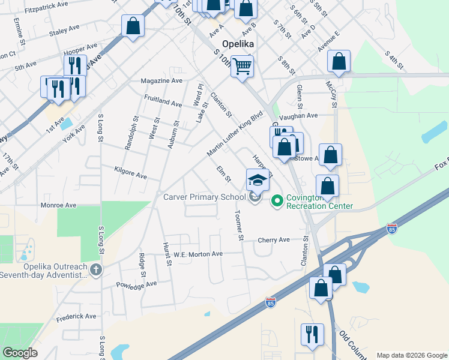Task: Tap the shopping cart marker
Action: [x=242, y=66]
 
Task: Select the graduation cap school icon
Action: [x=257, y=179]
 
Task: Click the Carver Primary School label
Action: [x=204, y=197]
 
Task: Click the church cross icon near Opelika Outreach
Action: [x=95, y=270]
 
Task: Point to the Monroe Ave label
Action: [x=58, y=205]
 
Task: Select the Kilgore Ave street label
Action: [x=130, y=173]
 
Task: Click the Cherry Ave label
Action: [x=274, y=240]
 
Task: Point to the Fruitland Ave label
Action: [x=163, y=100]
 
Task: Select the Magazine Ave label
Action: [x=161, y=81]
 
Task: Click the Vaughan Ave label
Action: [x=303, y=115]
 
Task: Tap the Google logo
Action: [x=20, y=353]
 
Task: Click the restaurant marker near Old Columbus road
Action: [x=312, y=334]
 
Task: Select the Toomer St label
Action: [x=239, y=226]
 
